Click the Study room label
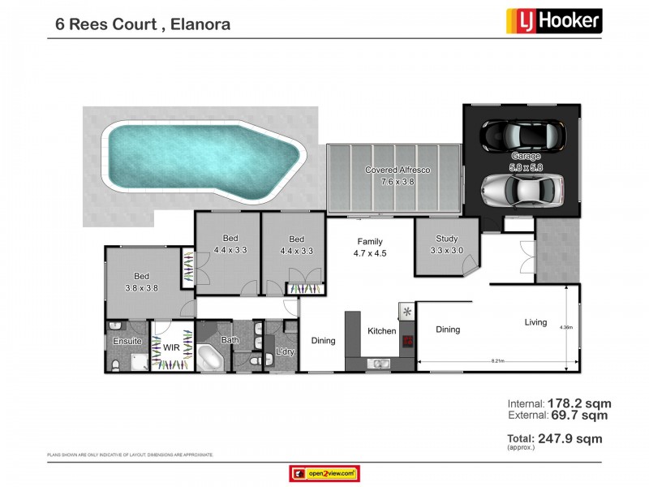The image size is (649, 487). [446, 239]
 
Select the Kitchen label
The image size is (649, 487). [382, 331]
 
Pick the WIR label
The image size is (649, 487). [171, 347]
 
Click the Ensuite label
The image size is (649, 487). [128, 342]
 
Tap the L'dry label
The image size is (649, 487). [285, 351]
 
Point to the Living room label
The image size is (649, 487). [535, 322]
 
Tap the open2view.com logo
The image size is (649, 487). [324, 473]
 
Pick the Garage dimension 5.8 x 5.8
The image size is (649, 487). [525, 167]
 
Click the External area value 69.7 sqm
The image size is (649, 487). [581, 416]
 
